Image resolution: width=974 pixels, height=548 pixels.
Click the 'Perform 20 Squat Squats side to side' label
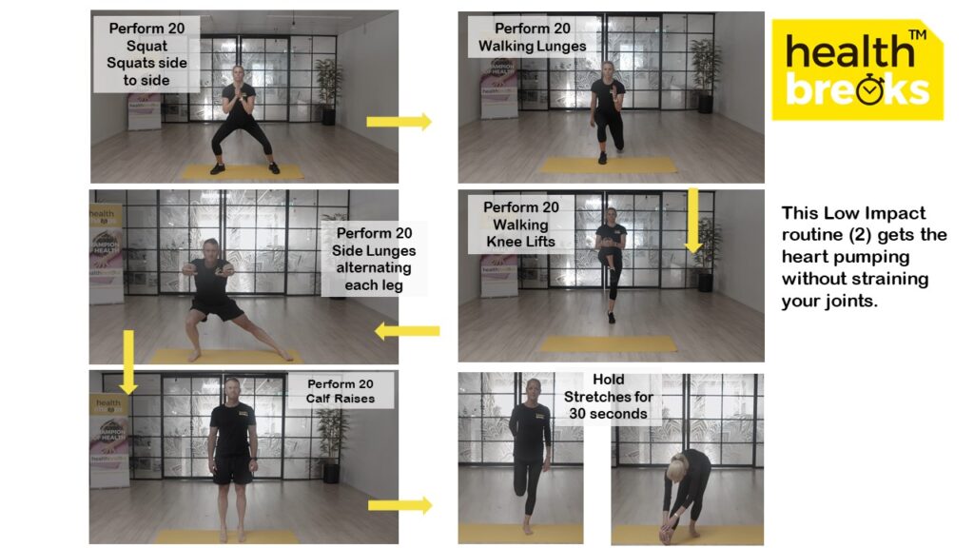[146, 54]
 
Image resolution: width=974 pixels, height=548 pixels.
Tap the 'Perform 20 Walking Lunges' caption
[533, 37]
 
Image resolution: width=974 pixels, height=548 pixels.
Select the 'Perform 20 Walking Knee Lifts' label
[520, 225]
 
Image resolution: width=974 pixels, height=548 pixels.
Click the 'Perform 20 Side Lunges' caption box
[373, 259]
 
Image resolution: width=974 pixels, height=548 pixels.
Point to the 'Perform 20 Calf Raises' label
[341, 391]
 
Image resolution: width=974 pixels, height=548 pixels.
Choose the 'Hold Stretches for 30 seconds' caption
[608, 397]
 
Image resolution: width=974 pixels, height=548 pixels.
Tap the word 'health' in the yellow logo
[849, 50]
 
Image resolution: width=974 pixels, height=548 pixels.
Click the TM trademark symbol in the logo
[918, 35]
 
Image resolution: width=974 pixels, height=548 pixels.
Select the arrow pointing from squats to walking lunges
[399, 121]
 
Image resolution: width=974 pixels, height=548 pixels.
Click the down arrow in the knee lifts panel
[693, 221]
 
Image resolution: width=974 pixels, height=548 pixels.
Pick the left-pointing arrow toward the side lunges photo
[407, 331]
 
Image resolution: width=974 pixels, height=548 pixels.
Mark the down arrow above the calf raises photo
[128, 362]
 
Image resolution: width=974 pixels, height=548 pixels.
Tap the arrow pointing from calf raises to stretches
[400, 505]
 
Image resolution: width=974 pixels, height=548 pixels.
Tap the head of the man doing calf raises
[232, 389]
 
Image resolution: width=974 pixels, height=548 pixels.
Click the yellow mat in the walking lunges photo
[609, 165]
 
